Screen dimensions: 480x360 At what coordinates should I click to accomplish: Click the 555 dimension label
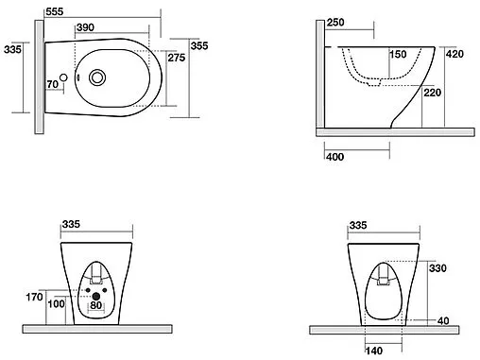tap(55, 11)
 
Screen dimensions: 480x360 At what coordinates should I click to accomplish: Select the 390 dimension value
tap(85, 27)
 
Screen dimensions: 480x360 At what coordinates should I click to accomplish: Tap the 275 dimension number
tap(177, 58)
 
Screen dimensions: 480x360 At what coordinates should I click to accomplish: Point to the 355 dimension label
tap(199, 45)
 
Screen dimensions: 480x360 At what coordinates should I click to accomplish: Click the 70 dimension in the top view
tap(53, 84)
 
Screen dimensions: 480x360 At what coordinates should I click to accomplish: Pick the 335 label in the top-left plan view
tap(13, 49)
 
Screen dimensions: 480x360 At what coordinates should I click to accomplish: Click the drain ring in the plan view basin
tap(97, 77)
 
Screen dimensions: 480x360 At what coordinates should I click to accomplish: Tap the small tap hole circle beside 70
tap(63, 77)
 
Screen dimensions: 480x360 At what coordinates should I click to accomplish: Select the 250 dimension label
tap(335, 23)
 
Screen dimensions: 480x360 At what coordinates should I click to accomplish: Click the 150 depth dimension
tap(398, 54)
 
